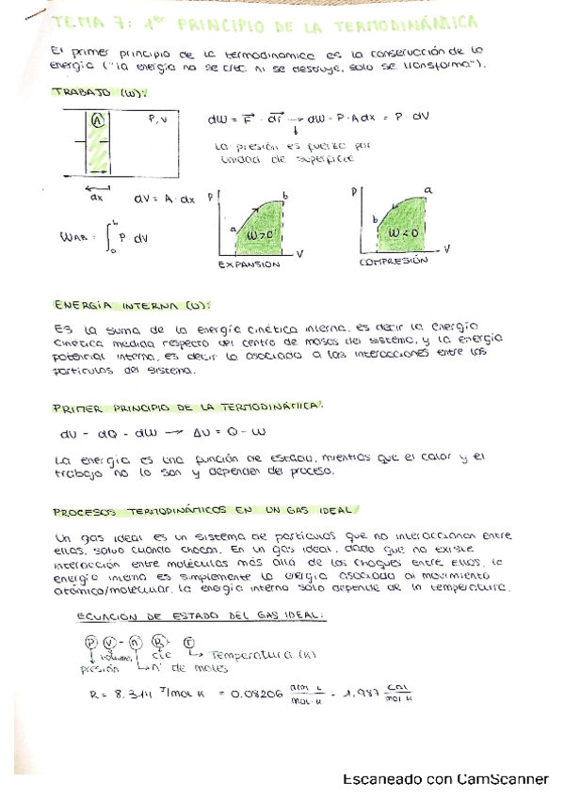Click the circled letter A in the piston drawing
click(x=97, y=120)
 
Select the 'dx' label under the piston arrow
click(x=97, y=199)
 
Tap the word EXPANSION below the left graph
click(x=250, y=265)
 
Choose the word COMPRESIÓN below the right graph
click(x=393, y=263)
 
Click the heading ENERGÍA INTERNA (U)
click(x=131, y=305)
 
